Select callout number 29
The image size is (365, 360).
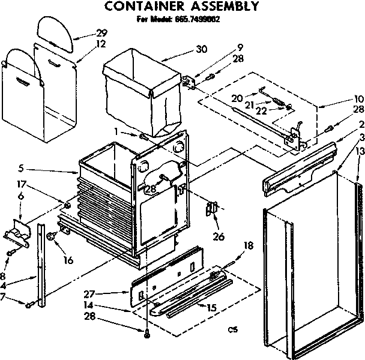point(103,33)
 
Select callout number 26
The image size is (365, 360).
point(219,237)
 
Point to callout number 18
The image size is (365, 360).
point(247,246)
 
